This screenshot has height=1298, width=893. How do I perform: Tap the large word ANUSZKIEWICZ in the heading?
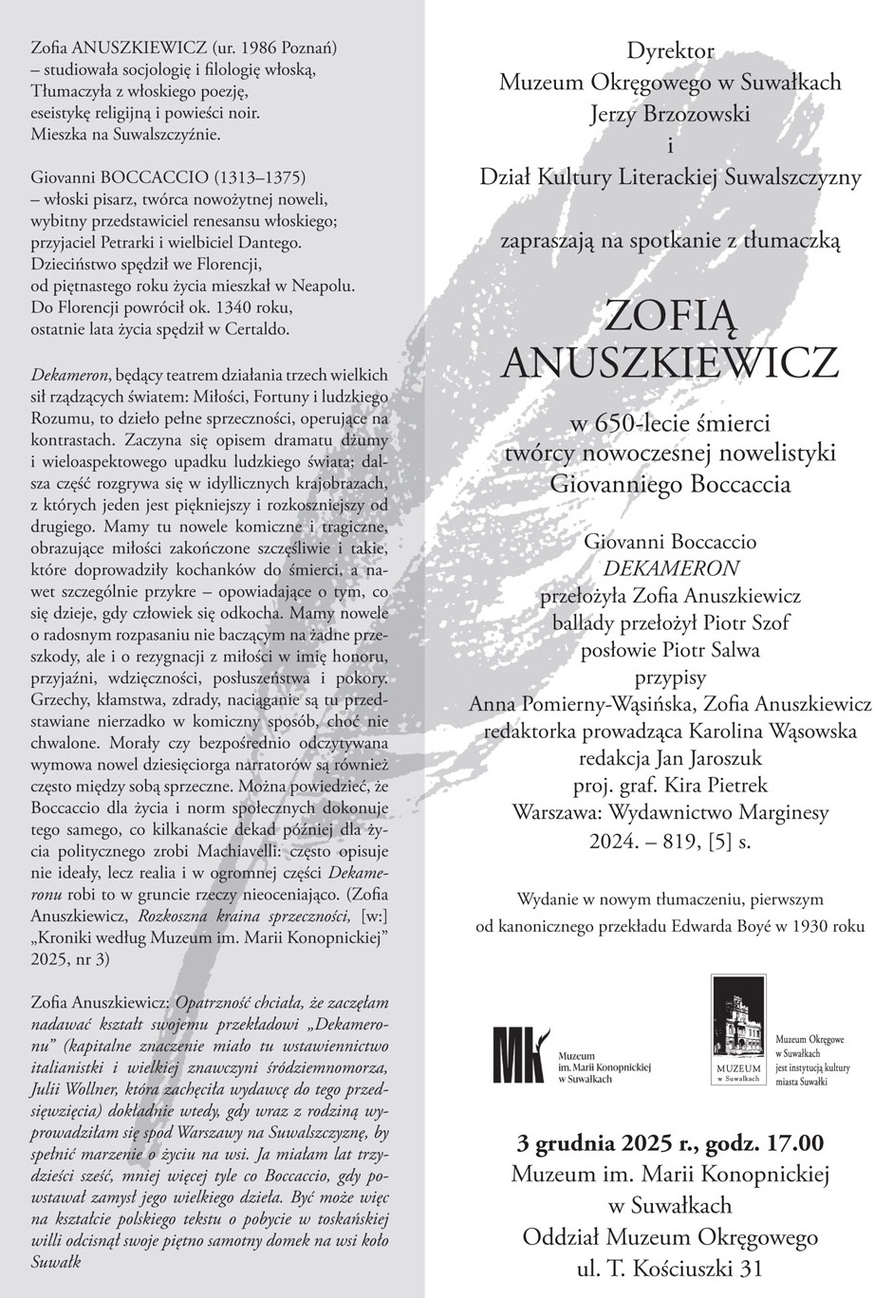(670, 361)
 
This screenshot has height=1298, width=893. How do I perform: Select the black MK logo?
(518, 1054)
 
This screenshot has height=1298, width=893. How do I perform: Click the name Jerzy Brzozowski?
(670, 114)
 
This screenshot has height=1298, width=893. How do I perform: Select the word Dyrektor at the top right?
(670, 50)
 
